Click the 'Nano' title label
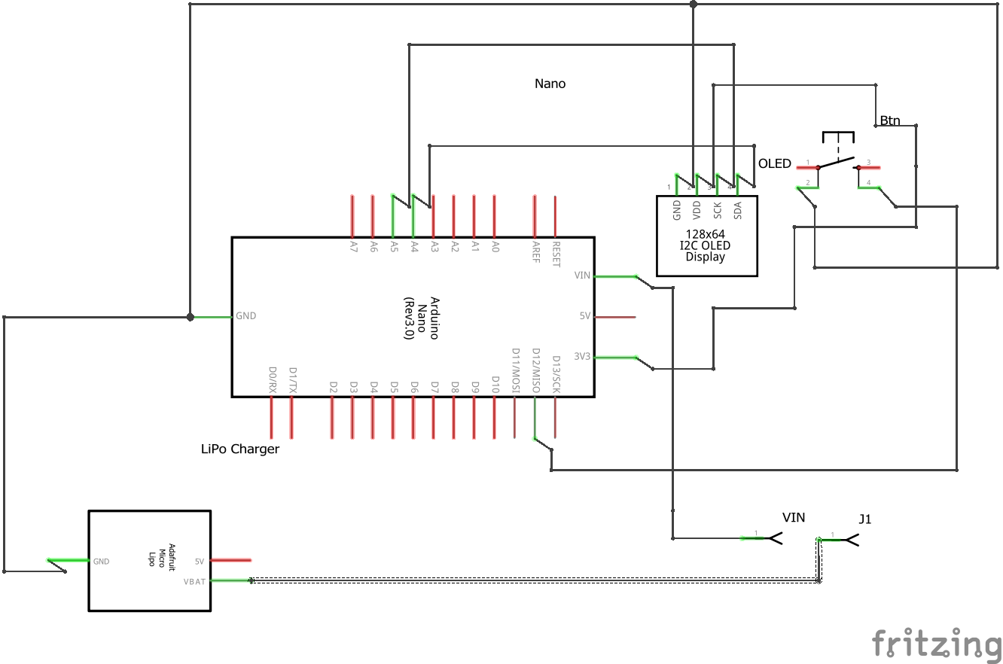pos(550,84)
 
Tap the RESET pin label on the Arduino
pos(556,254)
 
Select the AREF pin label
pos(535,252)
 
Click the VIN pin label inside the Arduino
pos(582,276)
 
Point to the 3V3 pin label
pos(582,356)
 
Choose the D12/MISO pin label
pos(536,370)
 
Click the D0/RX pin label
pos(273,380)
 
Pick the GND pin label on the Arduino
pos(246,316)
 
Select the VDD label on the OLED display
pos(697,209)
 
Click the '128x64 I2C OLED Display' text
pos(706,245)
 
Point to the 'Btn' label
pos(889,120)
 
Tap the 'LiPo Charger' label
pos(240,449)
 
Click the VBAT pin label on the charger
pos(194,580)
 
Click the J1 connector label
pos(865,519)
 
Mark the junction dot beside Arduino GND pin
pos(190,317)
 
